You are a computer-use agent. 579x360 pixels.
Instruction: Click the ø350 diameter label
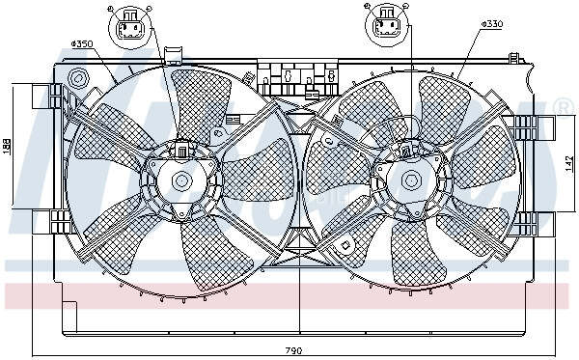click(81, 43)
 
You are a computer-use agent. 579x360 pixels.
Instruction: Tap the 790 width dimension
click(293, 348)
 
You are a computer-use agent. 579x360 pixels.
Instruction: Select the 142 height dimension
click(570, 164)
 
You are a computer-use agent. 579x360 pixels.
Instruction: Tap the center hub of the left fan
click(180, 180)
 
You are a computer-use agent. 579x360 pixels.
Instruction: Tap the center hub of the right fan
click(411, 180)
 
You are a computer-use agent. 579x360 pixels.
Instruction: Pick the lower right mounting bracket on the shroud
click(528, 224)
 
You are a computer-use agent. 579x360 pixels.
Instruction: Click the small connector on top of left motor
click(180, 150)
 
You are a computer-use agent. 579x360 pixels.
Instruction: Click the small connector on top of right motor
click(408, 150)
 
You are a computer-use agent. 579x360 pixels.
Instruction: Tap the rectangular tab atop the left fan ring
click(174, 54)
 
